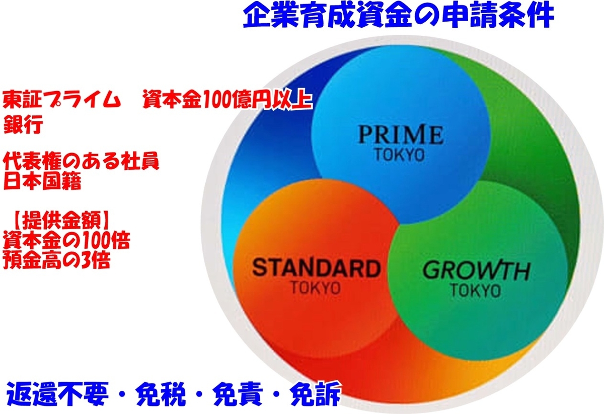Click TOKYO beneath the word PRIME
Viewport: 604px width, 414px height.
400,155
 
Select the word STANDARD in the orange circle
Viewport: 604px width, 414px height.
316,267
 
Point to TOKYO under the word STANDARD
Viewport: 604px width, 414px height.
316,288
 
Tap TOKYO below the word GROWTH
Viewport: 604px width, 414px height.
476,291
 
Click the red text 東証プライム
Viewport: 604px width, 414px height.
61,100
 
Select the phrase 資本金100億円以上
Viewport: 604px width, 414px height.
227,100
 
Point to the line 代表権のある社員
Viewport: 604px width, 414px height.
81,161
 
